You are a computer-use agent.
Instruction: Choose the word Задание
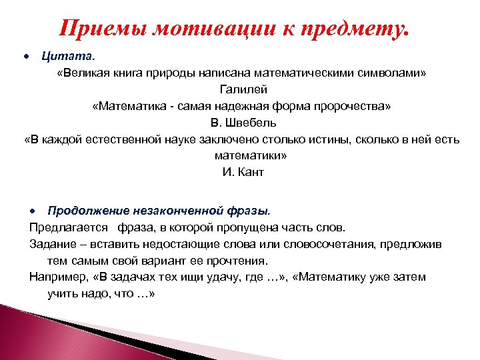[x=52, y=244]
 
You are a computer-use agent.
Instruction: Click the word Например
[x=57, y=277]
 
